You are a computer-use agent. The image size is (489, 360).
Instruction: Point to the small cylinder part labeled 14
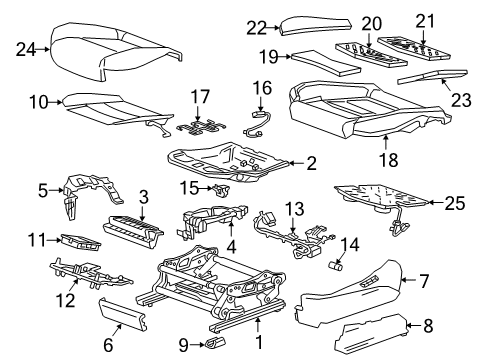[x=337, y=266]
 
